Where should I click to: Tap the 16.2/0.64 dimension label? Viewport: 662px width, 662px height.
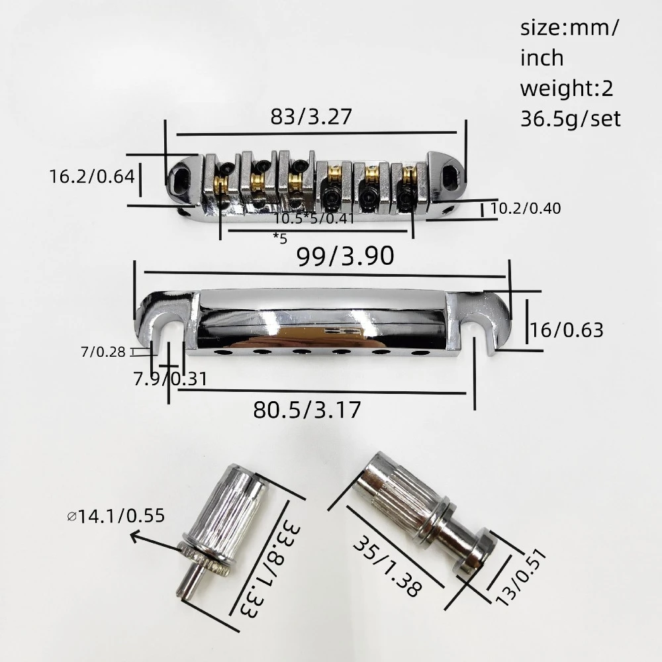click(92, 177)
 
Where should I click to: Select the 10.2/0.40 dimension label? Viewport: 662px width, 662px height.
click(526, 209)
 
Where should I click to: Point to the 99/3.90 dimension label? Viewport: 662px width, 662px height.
click(346, 254)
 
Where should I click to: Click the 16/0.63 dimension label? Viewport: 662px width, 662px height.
click(567, 329)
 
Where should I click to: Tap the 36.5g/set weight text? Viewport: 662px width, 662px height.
click(571, 118)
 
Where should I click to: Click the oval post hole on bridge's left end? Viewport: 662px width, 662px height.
click(179, 177)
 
